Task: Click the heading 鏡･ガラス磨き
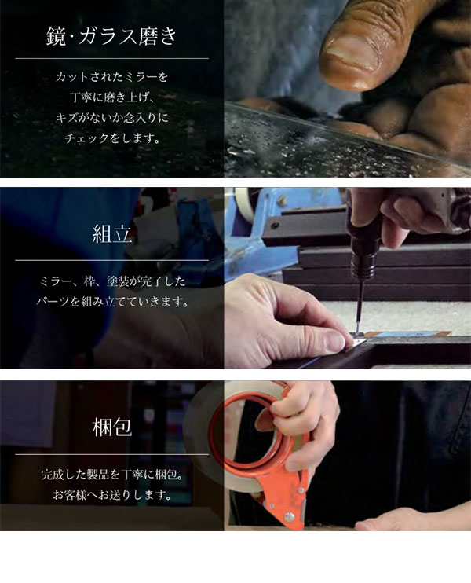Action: (x=111, y=36)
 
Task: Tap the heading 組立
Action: (x=111, y=235)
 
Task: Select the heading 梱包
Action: (x=111, y=427)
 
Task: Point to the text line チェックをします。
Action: (x=111, y=138)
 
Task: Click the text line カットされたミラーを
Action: (x=111, y=77)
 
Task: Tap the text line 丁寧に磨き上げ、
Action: (x=111, y=97)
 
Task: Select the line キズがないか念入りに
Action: (x=111, y=118)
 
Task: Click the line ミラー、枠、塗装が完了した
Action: (x=111, y=281)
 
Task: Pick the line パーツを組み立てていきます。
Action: (x=111, y=302)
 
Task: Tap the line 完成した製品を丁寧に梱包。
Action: (x=111, y=475)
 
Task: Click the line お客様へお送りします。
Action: (x=111, y=495)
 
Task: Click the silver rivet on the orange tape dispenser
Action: (x=290, y=516)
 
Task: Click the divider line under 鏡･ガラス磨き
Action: (x=111, y=58)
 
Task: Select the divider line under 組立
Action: (x=111, y=260)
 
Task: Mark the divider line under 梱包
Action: (x=111, y=454)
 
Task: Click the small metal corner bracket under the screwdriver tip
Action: (x=359, y=340)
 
